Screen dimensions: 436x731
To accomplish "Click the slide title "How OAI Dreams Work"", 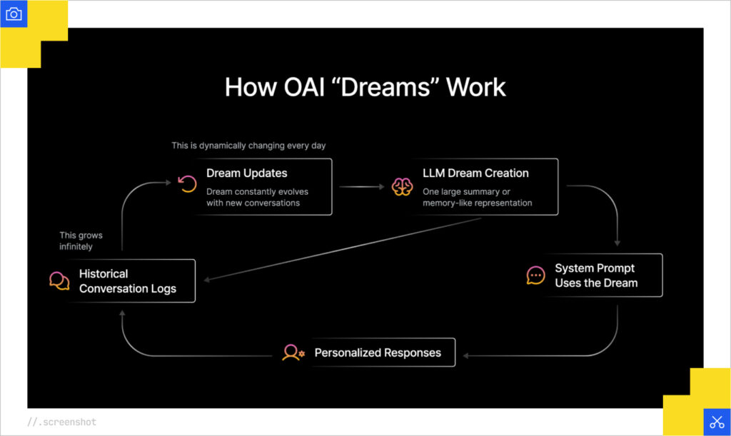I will click(x=365, y=87).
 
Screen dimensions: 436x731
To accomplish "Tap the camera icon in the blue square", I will click(x=14, y=14).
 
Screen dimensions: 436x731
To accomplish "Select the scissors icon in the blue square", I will click(x=717, y=421).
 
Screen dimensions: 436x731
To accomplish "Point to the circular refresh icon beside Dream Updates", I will click(x=187, y=185).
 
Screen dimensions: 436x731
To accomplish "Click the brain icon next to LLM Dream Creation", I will click(x=402, y=186).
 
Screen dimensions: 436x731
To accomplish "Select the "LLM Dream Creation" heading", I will click(x=475, y=173).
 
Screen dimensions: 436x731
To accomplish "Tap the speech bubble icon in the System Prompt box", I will click(x=535, y=275).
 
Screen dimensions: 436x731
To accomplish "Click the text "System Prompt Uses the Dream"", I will click(x=595, y=275).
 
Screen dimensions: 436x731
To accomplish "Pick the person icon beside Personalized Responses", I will click(x=293, y=353).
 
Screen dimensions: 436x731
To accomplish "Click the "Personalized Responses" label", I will click(x=378, y=353).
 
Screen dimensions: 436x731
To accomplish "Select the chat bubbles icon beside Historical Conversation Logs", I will click(x=59, y=280).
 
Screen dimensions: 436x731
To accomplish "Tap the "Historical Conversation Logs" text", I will click(x=127, y=281).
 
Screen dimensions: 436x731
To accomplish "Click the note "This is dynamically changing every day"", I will click(x=248, y=146).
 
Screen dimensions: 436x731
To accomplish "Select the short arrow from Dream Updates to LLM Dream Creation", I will click(x=361, y=188).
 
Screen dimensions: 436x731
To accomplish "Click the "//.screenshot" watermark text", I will click(x=61, y=422).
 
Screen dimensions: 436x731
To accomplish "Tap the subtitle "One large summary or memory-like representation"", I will click(x=477, y=197).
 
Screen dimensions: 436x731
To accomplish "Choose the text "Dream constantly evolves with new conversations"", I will click(x=257, y=197).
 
